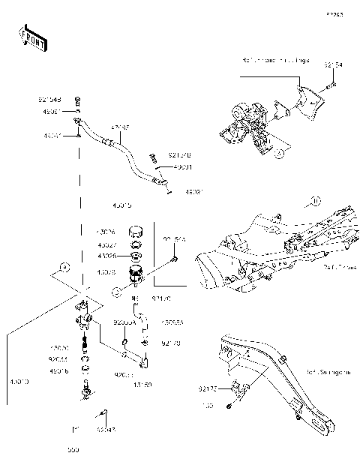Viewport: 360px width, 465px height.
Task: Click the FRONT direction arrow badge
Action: click(32, 37)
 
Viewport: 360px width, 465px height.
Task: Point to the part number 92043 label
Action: click(106, 430)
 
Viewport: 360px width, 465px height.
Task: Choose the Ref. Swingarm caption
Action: click(324, 371)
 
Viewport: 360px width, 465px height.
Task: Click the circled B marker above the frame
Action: click(316, 200)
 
